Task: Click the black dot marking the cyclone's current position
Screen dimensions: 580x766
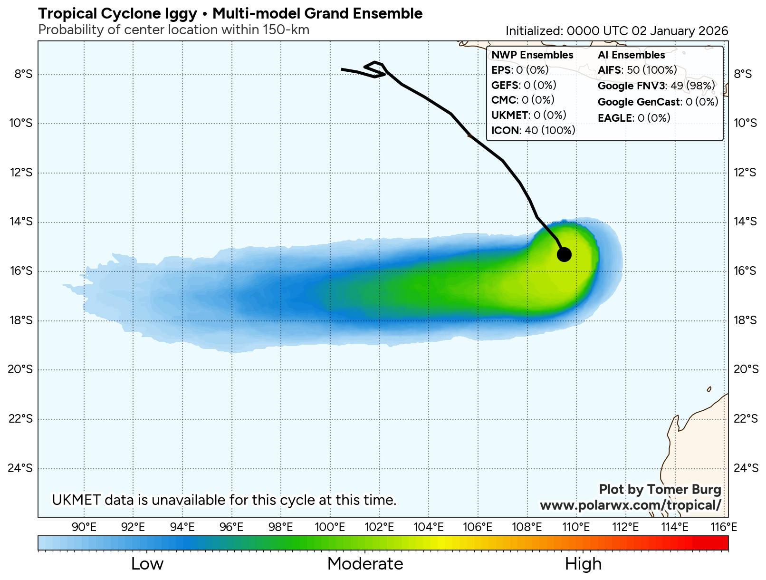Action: pos(564,254)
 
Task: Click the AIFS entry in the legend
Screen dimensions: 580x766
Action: pos(637,70)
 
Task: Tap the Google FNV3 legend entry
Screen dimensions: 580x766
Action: pos(656,86)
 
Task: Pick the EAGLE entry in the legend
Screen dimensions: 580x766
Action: pos(634,118)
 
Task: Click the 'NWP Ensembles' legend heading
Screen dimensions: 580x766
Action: pos(532,55)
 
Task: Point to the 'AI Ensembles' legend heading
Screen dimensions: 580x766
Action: pos(631,55)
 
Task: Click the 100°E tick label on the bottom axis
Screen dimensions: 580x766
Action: pos(330,527)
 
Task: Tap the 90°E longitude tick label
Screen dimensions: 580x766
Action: pos(84,527)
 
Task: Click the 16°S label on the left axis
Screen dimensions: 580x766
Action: pos(21,271)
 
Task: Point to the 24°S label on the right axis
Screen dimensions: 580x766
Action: pos(746,468)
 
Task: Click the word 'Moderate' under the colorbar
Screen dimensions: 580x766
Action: pos(365,564)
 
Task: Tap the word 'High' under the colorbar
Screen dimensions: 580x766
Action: pos(583,564)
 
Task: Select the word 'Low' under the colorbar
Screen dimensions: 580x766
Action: pos(147,564)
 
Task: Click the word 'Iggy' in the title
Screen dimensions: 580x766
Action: pos(181,14)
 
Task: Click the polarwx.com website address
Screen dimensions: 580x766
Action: pos(631,505)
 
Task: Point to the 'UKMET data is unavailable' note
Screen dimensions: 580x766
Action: pos(224,500)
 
